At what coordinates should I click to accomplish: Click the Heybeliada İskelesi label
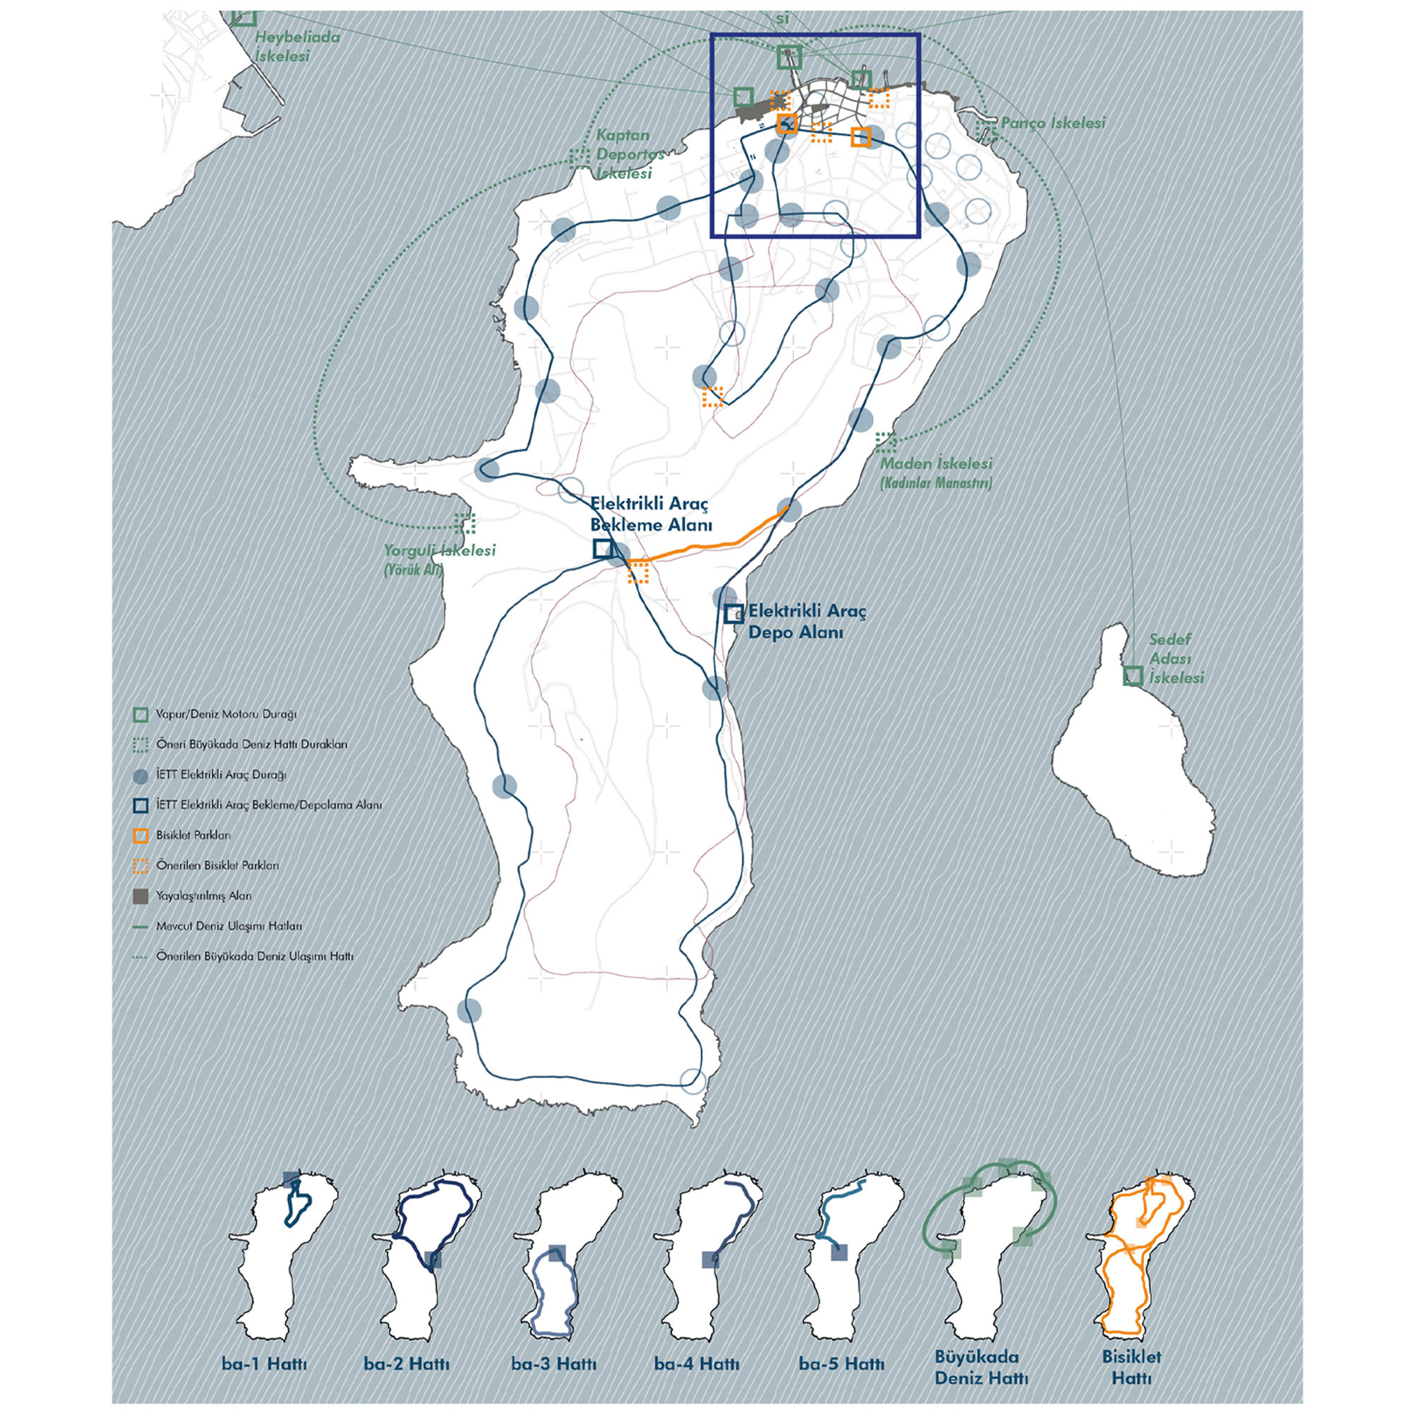(x=296, y=46)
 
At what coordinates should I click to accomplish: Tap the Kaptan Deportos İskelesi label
(x=623, y=154)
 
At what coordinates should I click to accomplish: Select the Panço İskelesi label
(x=1053, y=123)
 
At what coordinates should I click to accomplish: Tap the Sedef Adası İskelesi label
(x=1175, y=659)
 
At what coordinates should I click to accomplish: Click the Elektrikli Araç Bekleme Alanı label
(x=651, y=515)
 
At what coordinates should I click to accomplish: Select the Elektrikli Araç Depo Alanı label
(x=807, y=621)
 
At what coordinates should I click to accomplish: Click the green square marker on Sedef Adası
(x=1132, y=676)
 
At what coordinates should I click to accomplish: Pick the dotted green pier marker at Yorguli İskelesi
(x=464, y=523)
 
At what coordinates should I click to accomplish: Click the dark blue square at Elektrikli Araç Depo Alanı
(x=733, y=613)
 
